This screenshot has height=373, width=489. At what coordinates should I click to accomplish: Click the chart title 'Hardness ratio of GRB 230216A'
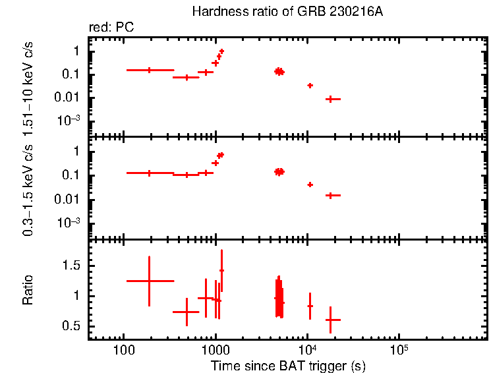(x=287, y=12)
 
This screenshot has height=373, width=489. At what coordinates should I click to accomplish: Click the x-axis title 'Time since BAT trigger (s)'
(x=287, y=365)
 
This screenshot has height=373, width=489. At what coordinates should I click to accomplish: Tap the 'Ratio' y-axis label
(x=28, y=290)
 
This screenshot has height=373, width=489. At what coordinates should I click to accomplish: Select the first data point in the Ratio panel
(x=150, y=281)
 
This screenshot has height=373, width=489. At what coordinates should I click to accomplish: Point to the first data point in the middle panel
(x=150, y=173)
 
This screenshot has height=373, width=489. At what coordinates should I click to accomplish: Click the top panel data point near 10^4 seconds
(x=310, y=86)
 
